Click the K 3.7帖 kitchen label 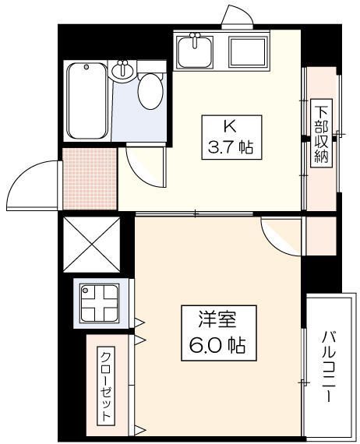231,137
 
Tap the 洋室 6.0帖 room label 219,333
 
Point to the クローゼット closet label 106,386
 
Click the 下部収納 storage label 321,133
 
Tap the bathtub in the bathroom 87,100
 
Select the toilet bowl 150,90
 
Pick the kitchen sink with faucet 194,51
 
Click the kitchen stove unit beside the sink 249,51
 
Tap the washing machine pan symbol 100,303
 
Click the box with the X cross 91,245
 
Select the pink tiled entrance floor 90,179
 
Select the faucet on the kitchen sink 195,40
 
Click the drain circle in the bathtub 86,67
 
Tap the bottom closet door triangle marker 139,431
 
